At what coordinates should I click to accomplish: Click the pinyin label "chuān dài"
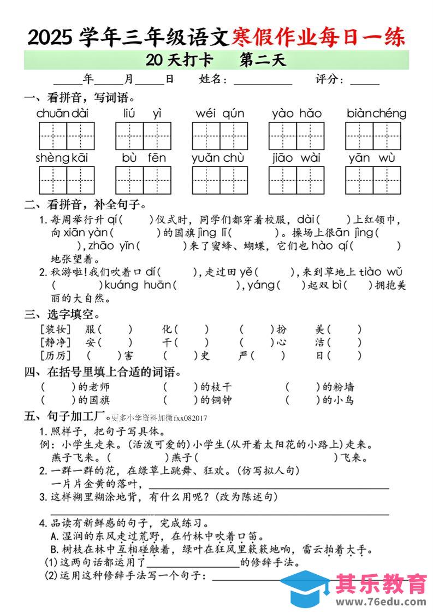point(62,114)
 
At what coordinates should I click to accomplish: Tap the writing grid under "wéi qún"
point(220,136)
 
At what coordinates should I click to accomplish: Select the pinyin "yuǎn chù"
point(218,158)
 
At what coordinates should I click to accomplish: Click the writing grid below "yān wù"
point(373,180)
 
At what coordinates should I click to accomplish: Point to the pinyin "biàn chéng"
point(376,114)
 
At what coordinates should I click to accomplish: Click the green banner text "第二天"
point(263,60)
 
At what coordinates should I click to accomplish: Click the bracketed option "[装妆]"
point(56,329)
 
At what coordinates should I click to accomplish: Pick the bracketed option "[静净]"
point(56,343)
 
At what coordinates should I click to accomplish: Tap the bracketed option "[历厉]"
point(56,356)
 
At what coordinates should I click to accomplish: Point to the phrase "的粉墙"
point(339,387)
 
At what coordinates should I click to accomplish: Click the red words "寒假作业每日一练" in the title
point(318,37)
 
